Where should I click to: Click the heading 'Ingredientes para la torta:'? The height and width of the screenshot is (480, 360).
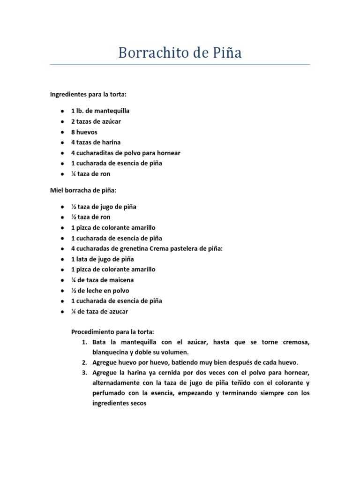click(x=88, y=94)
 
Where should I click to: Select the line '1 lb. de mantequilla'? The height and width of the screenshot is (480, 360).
click(x=100, y=111)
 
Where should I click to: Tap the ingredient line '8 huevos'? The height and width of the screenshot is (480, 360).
click(x=84, y=132)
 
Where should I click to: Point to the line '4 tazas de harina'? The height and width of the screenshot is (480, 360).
click(x=96, y=142)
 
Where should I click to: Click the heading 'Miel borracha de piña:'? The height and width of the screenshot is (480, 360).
click(x=83, y=191)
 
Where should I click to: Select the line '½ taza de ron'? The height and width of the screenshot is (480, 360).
click(x=90, y=217)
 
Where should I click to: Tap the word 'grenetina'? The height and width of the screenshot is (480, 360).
click(x=124, y=248)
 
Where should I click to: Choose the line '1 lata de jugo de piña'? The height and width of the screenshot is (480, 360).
click(x=102, y=259)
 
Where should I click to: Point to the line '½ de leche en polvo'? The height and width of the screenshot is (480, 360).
click(x=100, y=291)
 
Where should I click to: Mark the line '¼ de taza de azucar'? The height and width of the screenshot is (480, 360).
click(x=99, y=311)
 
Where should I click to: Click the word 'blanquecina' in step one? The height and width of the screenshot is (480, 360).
click(x=111, y=352)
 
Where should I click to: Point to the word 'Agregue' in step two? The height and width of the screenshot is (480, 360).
click(x=105, y=362)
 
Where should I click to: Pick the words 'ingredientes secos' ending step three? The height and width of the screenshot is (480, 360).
click(x=120, y=403)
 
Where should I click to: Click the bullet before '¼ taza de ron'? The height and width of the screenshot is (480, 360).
click(x=62, y=174)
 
